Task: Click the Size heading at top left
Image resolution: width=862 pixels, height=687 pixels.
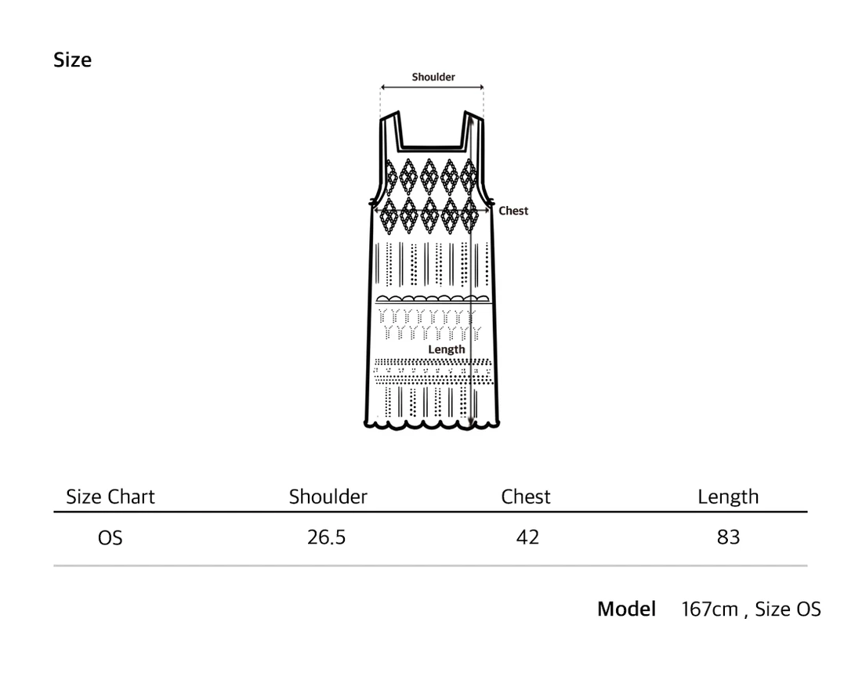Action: click(72, 60)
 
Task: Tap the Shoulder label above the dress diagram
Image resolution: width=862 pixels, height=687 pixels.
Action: click(433, 77)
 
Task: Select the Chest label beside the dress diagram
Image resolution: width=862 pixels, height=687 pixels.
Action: click(513, 211)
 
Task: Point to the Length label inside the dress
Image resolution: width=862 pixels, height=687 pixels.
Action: click(447, 349)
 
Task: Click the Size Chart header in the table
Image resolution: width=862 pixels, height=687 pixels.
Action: click(110, 497)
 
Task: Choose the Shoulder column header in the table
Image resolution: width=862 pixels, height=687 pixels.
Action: click(328, 497)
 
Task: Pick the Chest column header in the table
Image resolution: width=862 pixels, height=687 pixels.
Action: click(526, 497)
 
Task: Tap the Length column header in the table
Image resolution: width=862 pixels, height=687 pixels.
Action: click(728, 497)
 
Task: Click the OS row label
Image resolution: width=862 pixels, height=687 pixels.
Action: click(110, 537)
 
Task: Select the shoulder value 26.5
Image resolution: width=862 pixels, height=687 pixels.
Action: click(327, 537)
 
